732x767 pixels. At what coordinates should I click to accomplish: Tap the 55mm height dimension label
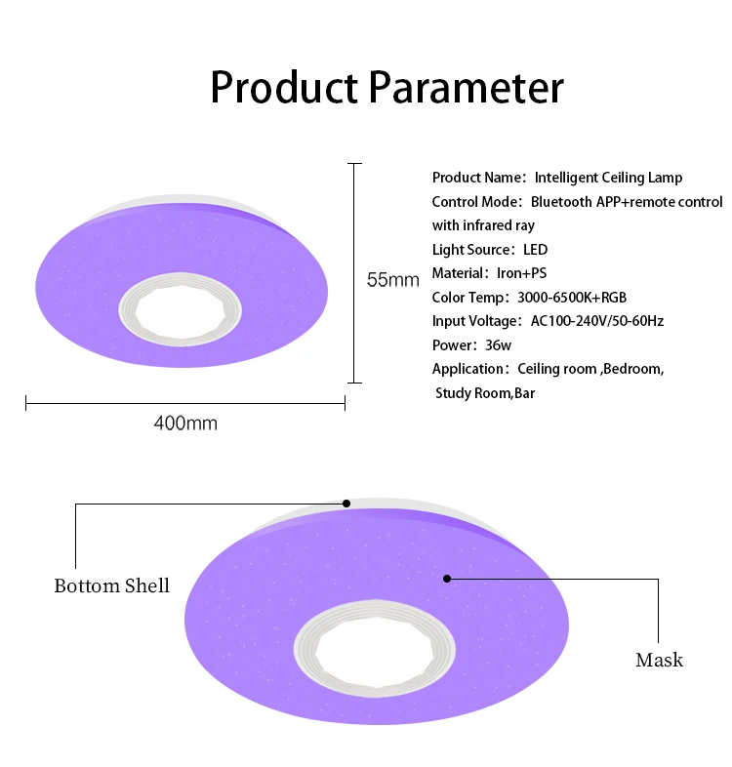coord(392,280)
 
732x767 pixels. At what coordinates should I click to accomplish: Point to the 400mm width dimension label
coord(185,424)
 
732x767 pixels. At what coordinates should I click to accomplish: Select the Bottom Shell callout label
coord(111,585)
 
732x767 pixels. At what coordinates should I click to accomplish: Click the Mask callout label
coord(659,660)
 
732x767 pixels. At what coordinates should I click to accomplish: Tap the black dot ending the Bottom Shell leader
coord(346,504)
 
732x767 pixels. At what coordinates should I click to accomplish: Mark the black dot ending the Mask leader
coord(447,579)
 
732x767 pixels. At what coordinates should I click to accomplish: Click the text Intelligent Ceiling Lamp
coord(608,178)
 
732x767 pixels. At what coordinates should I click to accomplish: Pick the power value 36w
coord(499,345)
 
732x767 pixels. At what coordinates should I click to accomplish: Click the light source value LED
coord(536,250)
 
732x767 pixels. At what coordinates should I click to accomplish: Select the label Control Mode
coord(476,202)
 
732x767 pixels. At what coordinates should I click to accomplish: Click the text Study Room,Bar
coord(485,393)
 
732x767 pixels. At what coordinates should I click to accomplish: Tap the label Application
coord(468,369)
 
